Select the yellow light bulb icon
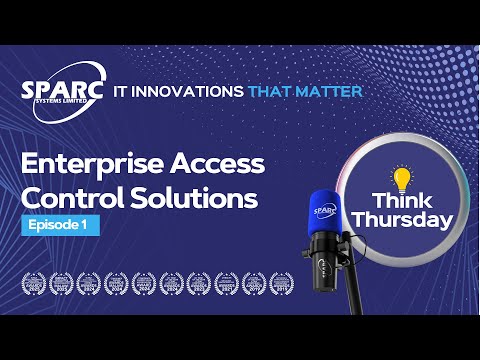pyautogui.click(x=403, y=180)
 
